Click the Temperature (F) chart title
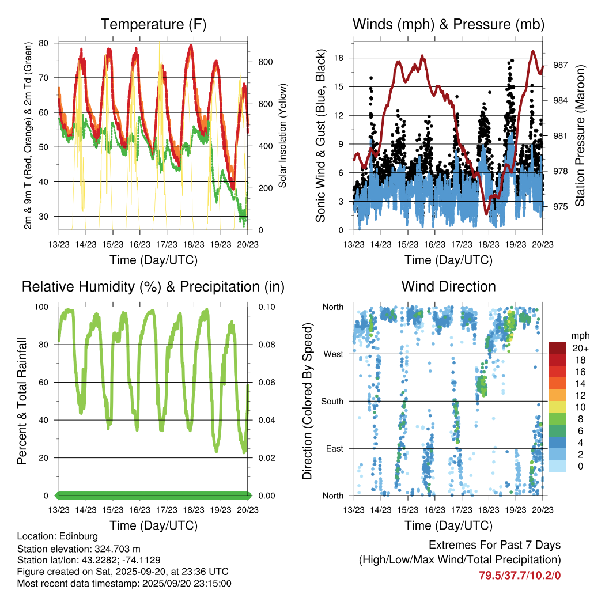click(153, 25)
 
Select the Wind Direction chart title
click(448, 286)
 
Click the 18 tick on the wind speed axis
click(339, 58)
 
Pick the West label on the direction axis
click(333, 354)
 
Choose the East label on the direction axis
click(334, 448)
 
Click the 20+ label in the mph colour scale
click(580, 348)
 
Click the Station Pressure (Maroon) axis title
click(580, 135)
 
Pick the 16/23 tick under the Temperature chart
click(139, 244)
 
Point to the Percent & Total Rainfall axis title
click(22, 401)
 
